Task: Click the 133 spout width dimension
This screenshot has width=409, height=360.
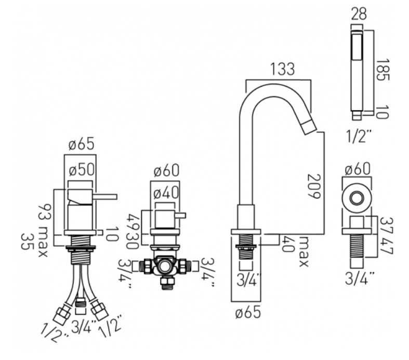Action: tap(283, 69)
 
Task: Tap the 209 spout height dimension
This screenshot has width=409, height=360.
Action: tap(314, 186)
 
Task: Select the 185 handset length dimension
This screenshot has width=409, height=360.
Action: tap(382, 70)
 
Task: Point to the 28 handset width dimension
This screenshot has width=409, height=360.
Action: tap(359, 14)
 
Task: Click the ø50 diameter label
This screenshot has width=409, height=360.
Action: tap(82, 170)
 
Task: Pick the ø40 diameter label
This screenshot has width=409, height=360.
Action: tap(166, 193)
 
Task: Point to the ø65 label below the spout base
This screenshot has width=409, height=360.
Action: tap(248, 312)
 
